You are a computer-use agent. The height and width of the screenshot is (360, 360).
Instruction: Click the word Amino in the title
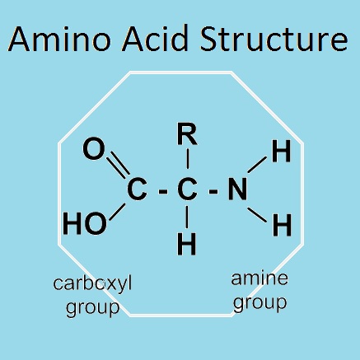[x=59, y=39]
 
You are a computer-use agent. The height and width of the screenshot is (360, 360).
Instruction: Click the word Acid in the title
[x=155, y=38]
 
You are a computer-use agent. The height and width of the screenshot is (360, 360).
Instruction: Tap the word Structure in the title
[x=274, y=38]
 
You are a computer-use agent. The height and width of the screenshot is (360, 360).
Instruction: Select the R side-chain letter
[x=187, y=134]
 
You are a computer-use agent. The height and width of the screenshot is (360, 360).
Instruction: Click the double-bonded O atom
[x=94, y=149]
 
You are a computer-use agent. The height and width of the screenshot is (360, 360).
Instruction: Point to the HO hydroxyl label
[x=85, y=224]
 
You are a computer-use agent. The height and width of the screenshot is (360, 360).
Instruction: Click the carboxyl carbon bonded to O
[x=137, y=189]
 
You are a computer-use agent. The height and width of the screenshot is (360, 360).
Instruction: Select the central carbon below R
[x=187, y=189]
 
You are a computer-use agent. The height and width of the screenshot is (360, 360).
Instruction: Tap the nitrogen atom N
[x=237, y=189]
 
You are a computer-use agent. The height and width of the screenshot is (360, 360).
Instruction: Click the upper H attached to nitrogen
[x=281, y=151]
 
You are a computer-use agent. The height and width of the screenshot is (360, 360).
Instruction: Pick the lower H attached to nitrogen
[x=282, y=226]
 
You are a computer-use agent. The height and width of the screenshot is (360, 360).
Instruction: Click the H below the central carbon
[x=187, y=244]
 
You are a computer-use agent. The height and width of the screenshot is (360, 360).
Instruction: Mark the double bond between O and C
[x=119, y=164]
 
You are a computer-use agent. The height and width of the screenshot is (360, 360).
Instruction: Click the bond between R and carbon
[x=188, y=159]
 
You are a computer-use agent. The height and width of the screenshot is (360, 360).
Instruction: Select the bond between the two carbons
[x=163, y=191]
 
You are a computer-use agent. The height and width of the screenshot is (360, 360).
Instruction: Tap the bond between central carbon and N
[x=213, y=191]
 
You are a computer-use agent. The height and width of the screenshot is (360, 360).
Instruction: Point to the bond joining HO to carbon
[x=118, y=212]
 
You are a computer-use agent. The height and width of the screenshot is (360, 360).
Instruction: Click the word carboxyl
[x=92, y=283]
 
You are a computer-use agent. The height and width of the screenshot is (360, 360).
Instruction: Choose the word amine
[x=259, y=278]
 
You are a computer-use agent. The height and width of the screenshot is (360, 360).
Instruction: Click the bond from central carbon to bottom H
[x=187, y=217]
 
